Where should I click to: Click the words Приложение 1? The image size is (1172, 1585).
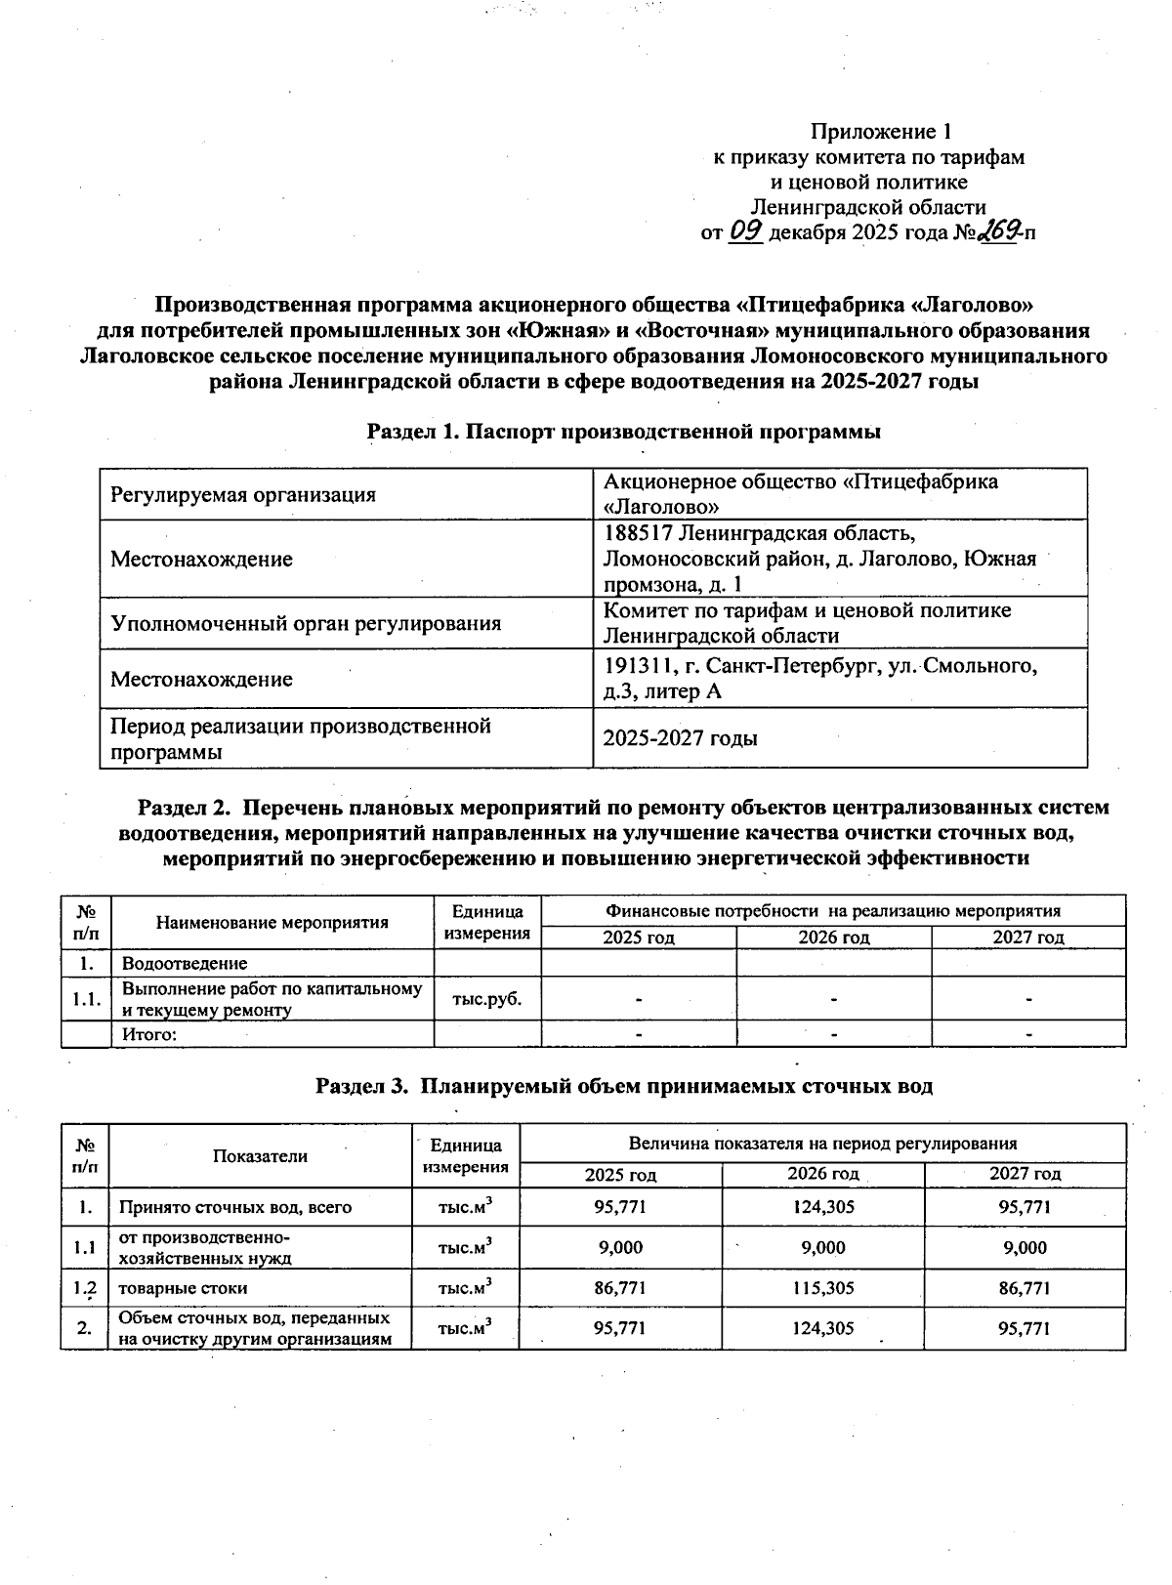click(881, 131)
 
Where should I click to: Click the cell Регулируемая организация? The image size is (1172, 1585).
click(243, 494)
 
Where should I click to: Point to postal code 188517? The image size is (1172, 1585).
click(638, 533)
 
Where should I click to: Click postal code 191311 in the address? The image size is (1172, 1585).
click(638, 666)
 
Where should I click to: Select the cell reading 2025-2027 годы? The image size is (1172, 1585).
click(680, 738)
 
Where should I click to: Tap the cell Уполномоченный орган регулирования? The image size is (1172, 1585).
click(306, 623)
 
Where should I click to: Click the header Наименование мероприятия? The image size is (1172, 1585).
click(272, 922)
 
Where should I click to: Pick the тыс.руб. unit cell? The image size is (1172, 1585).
click(486, 999)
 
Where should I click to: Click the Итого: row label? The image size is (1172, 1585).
click(148, 1034)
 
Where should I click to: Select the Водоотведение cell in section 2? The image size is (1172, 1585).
click(184, 963)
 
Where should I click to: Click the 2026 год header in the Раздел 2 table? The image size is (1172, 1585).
click(833, 938)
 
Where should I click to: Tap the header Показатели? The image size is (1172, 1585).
click(260, 1155)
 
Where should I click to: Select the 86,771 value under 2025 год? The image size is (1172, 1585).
click(619, 1287)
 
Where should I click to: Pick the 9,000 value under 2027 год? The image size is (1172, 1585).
click(1025, 1247)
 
